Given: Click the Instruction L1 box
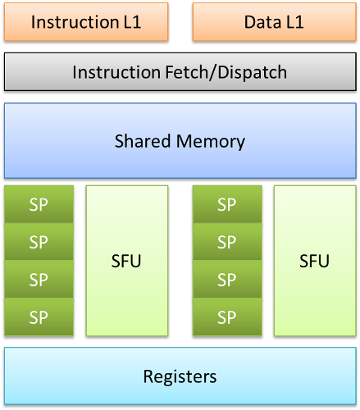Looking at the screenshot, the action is pos(86,22).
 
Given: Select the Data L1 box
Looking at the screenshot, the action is pos(275,22).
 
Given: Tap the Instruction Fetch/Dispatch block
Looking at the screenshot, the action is pos(180,72).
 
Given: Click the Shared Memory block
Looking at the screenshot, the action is pos(180,141).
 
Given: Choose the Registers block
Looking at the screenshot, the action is pos(180,376).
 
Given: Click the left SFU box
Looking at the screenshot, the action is pos(127,261).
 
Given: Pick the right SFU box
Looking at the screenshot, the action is pos(315,261).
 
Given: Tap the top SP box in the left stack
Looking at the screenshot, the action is pos(39,204).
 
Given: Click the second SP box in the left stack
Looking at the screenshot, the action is pos(39,242).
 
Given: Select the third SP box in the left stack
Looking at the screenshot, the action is pos(39,280).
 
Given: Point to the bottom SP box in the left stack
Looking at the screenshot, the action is pos(39,317).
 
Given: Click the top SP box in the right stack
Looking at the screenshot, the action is pos(227,204).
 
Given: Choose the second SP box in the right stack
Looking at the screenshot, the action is pos(227,242).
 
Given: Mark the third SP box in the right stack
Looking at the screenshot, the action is pos(227,280).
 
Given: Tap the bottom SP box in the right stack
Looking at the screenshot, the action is pos(227,317).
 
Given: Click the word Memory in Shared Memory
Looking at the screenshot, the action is pos(211,142).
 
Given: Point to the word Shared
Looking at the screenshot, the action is pos(143,141).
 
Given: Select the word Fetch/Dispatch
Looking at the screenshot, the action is pos(226,72).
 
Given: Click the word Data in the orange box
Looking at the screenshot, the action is pos(262,22).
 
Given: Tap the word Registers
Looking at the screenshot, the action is pos(180,377).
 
